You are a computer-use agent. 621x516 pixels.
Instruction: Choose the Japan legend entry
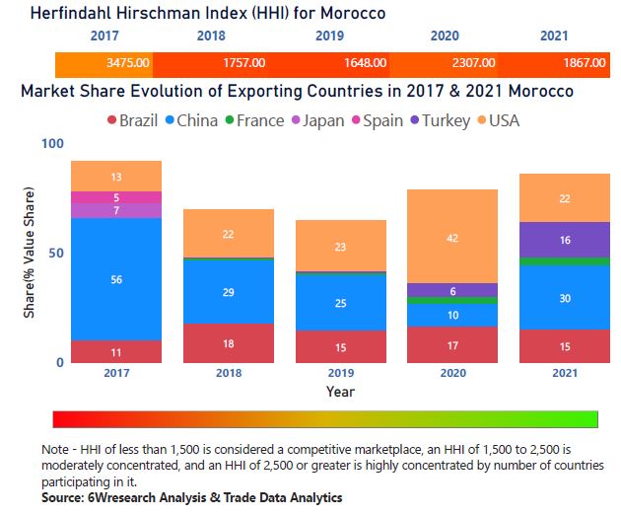pyautogui.click(x=315, y=121)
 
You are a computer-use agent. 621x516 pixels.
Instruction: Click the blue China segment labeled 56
pyautogui.click(x=116, y=279)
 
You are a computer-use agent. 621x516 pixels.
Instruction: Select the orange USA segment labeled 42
pyautogui.click(x=451, y=237)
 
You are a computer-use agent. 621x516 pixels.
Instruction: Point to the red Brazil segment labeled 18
pyautogui.click(x=229, y=343)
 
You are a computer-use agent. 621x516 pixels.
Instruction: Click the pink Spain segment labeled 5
pyautogui.click(x=116, y=197)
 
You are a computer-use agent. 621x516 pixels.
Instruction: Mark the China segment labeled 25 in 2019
pyautogui.click(x=340, y=303)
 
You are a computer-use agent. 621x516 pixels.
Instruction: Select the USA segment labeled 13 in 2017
pyautogui.click(x=116, y=177)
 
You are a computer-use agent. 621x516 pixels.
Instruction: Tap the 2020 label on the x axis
pyautogui.click(x=451, y=374)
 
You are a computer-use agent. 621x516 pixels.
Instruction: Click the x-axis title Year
pyautogui.click(x=340, y=392)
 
